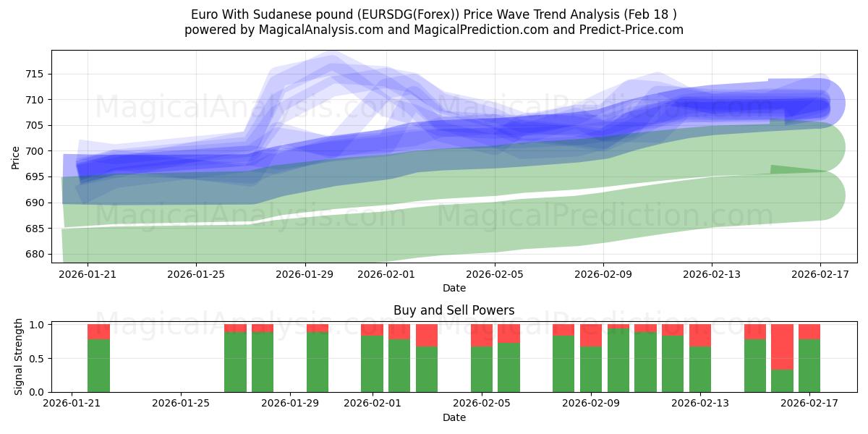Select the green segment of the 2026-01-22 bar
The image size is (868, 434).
click(98, 365)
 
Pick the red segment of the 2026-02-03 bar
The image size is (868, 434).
click(427, 335)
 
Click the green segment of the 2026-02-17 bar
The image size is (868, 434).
click(809, 365)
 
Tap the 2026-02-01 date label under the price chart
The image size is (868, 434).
click(385, 274)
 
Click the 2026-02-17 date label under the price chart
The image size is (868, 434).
click(820, 274)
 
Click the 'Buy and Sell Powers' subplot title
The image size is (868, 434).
click(454, 310)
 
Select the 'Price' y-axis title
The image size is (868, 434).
click(16, 157)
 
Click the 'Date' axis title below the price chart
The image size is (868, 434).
click(454, 288)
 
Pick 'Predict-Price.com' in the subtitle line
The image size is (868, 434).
click(628, 30)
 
